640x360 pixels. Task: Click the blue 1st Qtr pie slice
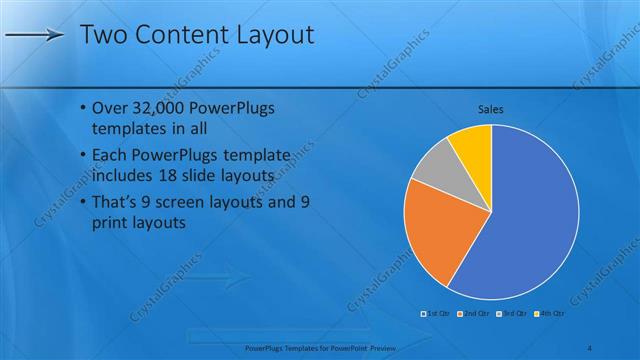pos(530,220)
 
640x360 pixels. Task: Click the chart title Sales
pos(490,108)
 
